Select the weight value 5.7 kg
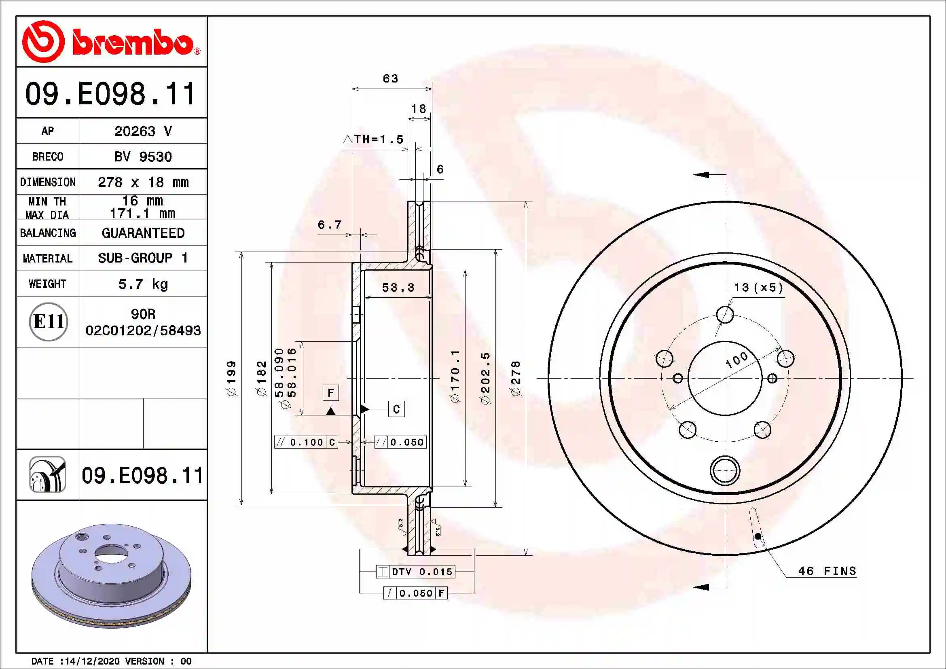(143, 284)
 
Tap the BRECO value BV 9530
(143, 157)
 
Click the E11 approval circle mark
(48, 322)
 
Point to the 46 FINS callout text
(827, 571)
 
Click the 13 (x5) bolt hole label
(758, 287)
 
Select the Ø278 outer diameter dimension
(516, 378)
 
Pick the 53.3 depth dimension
(398, 287)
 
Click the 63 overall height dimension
(390, 78)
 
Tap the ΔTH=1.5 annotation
(373, 139)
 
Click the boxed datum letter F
(330, 393)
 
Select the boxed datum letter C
(396, 409)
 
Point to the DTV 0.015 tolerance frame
(416, 572)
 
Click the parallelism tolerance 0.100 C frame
(306, 442)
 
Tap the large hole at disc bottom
(725, 470)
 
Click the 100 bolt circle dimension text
(736, 359)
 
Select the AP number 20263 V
(143, 131)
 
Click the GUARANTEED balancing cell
(143, 233)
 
